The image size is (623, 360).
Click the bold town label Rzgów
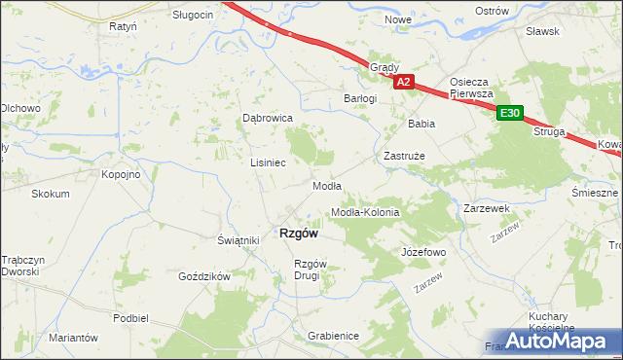(x=300, y=233)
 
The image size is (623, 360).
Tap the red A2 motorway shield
(x=405, y=84)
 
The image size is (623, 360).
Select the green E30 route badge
(x=509, y=114)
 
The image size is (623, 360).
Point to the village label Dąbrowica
(x=268, y=118)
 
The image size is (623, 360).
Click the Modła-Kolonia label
(x=366, y=212)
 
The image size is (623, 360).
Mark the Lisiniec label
(x=268, y=162)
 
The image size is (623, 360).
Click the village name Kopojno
(x=122, y=174)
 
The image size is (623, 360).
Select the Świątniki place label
(x=237, y=240)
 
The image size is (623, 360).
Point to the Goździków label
(x=203, y=276)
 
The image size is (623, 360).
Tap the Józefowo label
(x=423, y=252)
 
